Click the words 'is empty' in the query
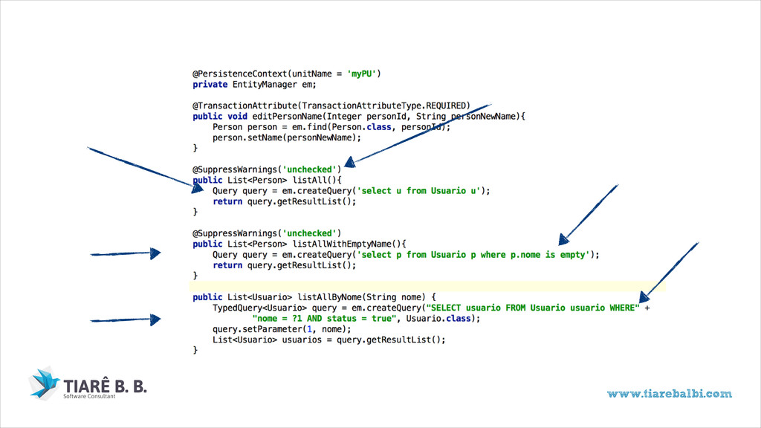pos(569,255)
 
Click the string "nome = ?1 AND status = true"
pos(324,319)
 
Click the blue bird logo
pos(45,382)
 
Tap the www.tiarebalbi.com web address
pos(669,394)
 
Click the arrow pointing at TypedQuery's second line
pos(125,320)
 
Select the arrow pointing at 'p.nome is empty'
pos(587,214)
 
